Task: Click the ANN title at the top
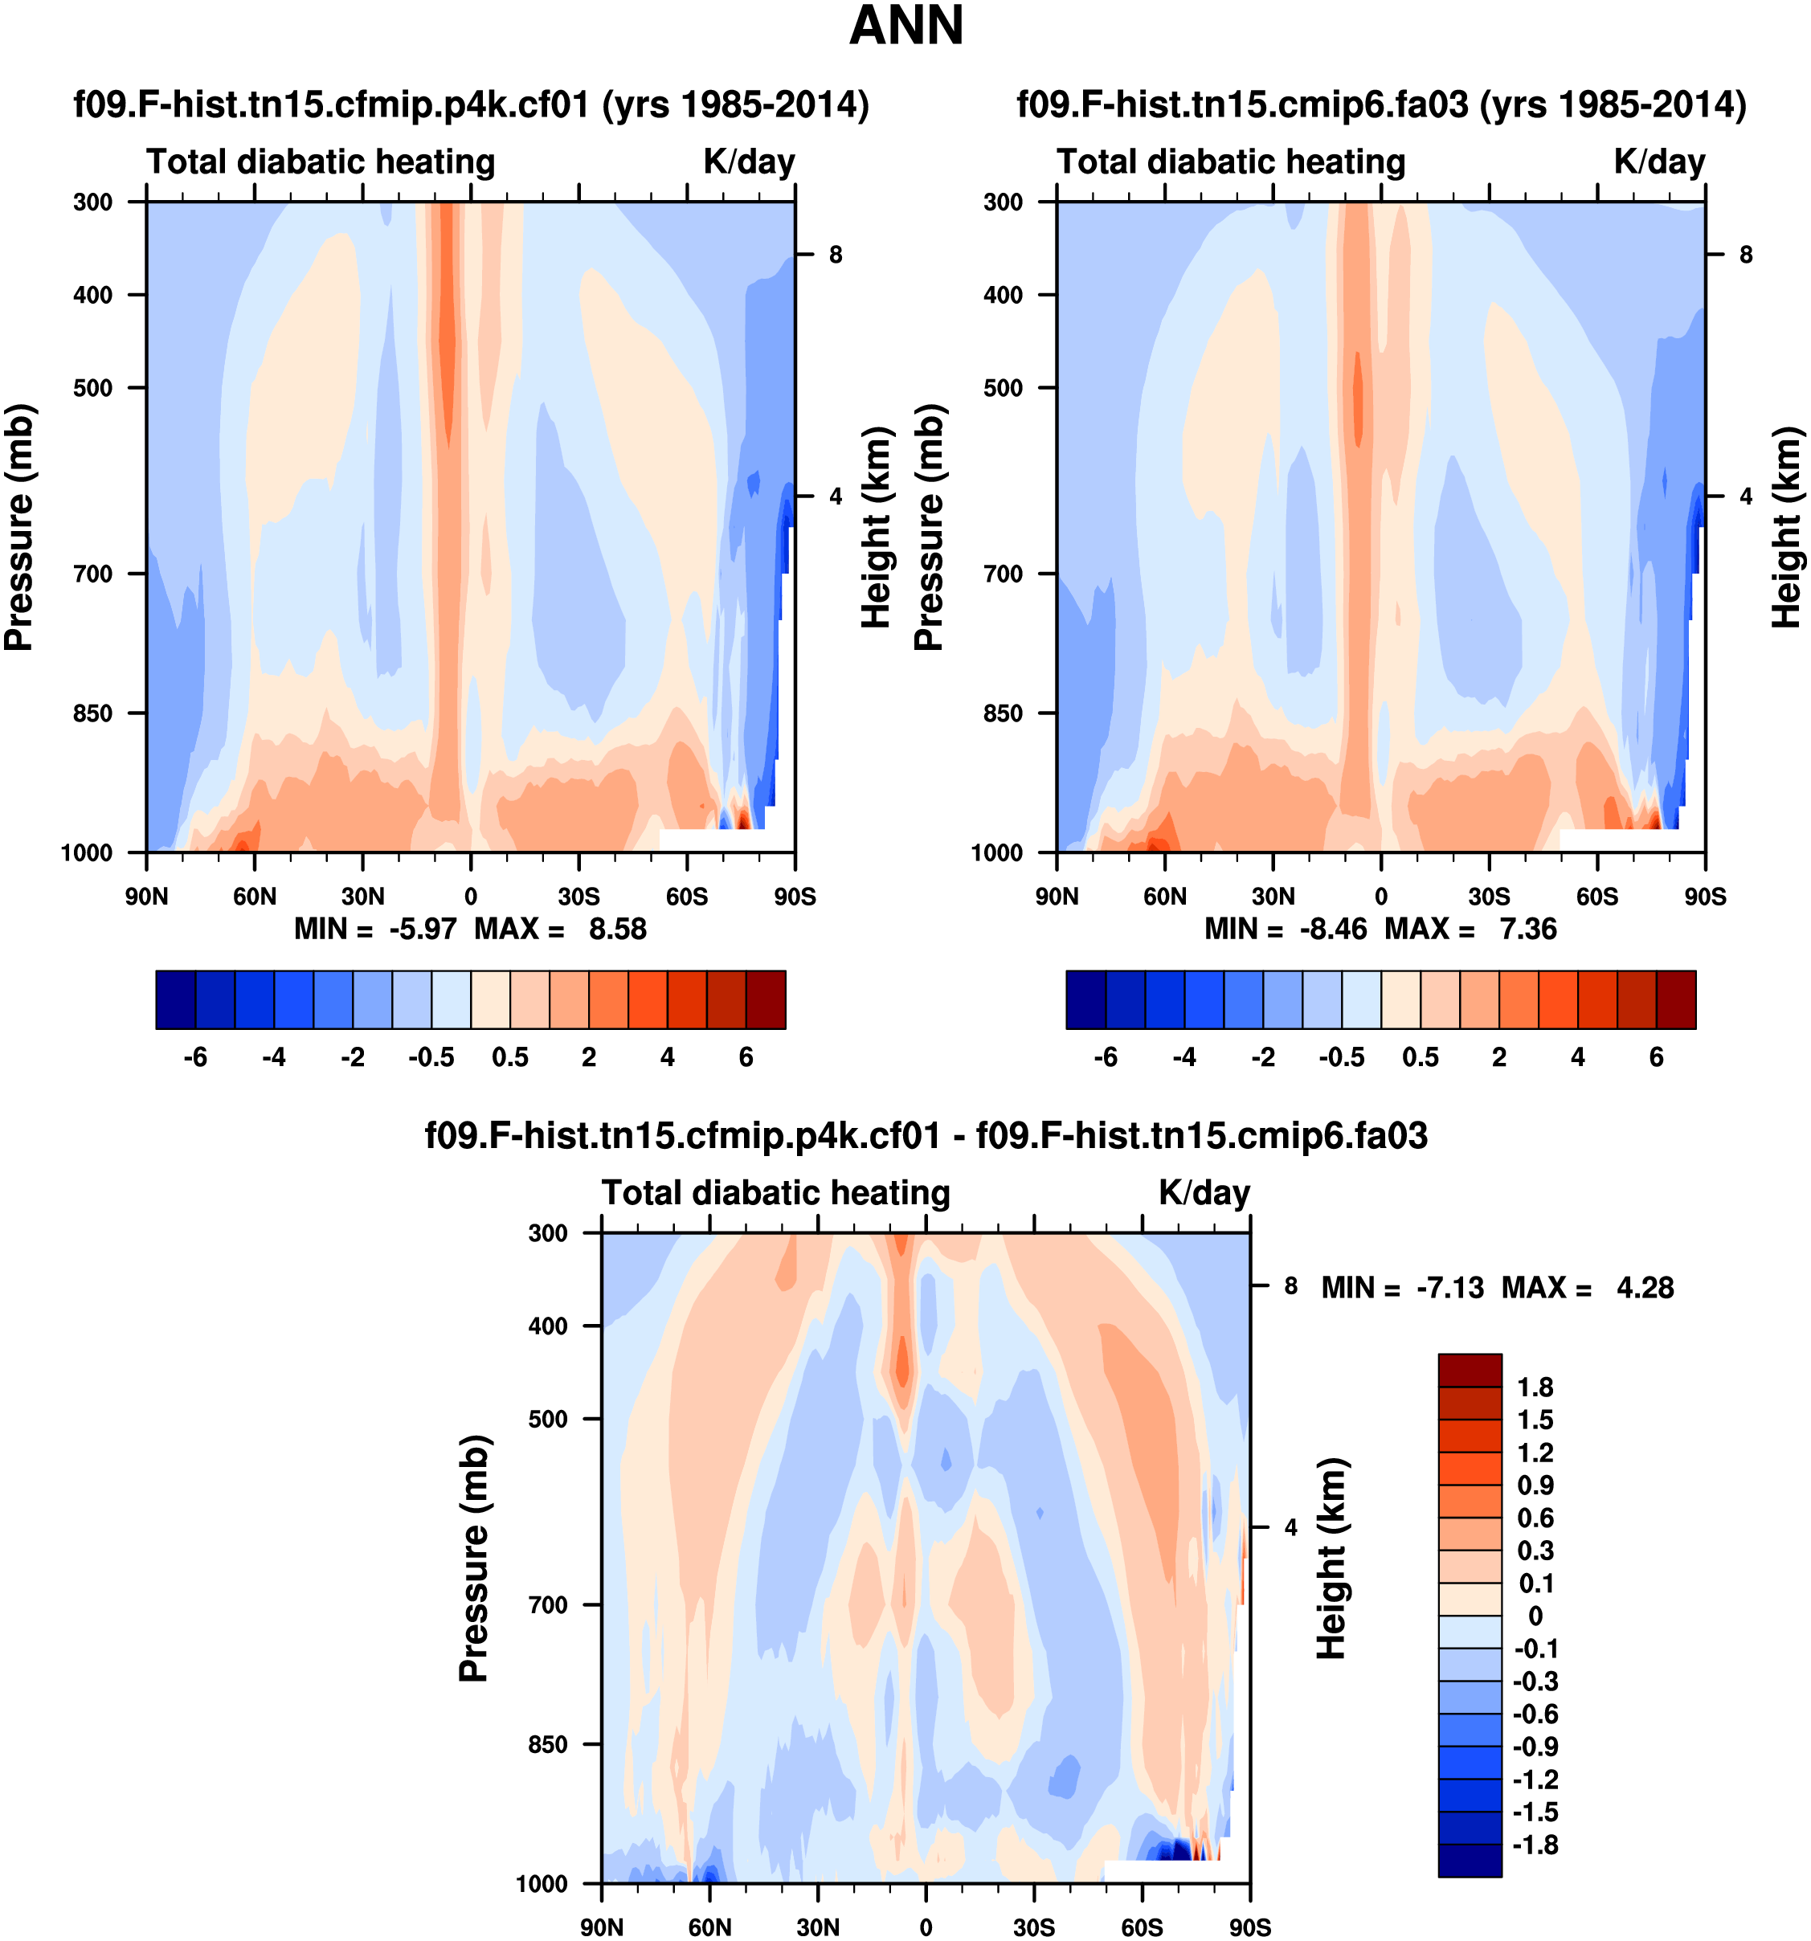906,26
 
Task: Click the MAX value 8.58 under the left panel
617,929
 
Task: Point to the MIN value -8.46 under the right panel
1333,929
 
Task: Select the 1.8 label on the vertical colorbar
1535,1387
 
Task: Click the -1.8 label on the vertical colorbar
1535,1845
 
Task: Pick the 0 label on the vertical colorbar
1535,1616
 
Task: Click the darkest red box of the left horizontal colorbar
766,999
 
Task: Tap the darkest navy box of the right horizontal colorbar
1085,999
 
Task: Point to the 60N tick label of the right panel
1165,897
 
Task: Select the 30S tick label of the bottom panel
1034,1927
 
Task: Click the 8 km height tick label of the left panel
836,255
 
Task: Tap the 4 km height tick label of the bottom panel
1290,1528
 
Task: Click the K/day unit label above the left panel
749,162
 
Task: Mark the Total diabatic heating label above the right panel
1231,162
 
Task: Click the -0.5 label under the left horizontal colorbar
431,1057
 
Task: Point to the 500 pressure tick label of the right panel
1003,387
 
